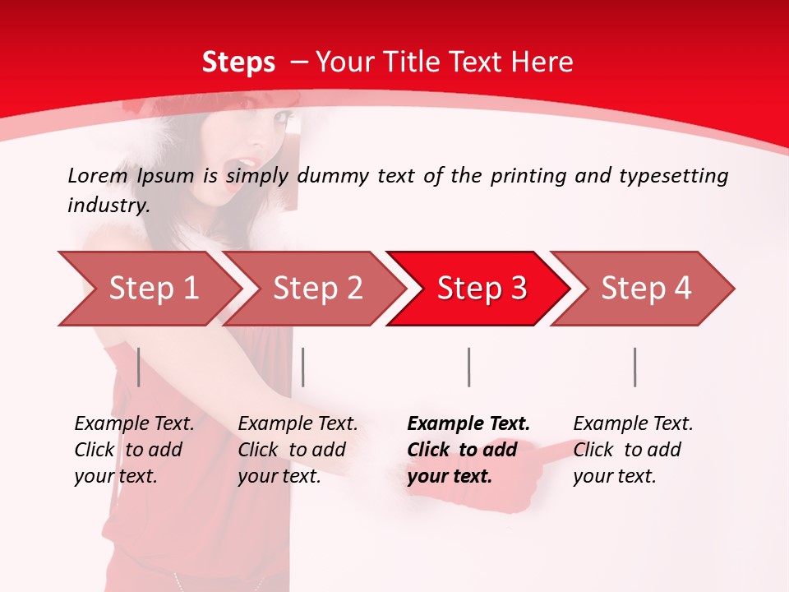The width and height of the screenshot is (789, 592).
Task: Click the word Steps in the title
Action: tap(238, 62)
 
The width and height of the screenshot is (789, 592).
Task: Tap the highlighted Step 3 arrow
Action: tap(482, 289)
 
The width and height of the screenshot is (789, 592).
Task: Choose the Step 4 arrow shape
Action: tap(646, 289)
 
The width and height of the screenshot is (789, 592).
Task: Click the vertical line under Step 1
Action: tap(138, 367)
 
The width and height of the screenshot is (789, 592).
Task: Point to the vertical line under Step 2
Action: tap(303, 367)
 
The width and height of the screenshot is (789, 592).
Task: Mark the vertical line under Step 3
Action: tap(468, 367)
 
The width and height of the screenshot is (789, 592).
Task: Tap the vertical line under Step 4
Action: tap(634, 367)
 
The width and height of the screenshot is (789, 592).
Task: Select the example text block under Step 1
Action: tap(134, 450)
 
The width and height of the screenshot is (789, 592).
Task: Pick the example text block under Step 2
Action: tap(298, 450)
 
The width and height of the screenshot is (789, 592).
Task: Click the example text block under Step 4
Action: tap(633, 450)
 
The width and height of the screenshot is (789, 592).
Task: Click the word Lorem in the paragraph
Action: tap(97, 176)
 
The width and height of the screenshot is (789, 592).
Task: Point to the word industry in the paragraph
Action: tap(108, 206)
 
